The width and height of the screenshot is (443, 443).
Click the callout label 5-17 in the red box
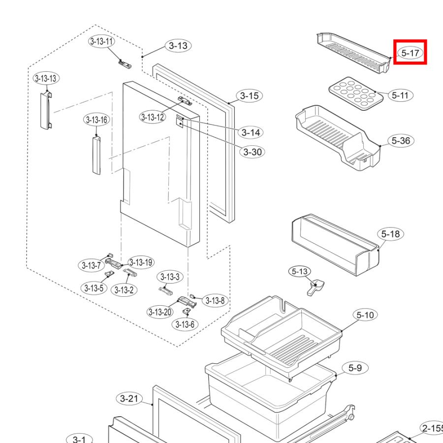[x=410, y=52]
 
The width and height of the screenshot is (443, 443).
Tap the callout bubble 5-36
[x=401, y=141]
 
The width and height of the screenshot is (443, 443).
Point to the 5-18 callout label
[x=391, y=234]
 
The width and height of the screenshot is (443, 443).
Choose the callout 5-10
[x=365, y=315]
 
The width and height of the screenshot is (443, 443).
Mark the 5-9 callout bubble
[x=355, y=368]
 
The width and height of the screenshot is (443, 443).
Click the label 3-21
[x=129, y=398]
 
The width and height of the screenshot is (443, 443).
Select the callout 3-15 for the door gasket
[x=249, y=96]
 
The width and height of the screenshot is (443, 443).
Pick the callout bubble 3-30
[x=253, y=152]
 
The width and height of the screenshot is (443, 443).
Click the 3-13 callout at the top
[x=178, y=46]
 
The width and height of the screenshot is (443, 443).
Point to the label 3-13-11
[x=101, y=41]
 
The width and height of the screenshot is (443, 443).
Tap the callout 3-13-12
[x=153, y=117]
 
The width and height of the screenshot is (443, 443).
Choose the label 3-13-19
[x=141, y=262]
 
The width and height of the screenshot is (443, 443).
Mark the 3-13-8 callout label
[x=215, y=300]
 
